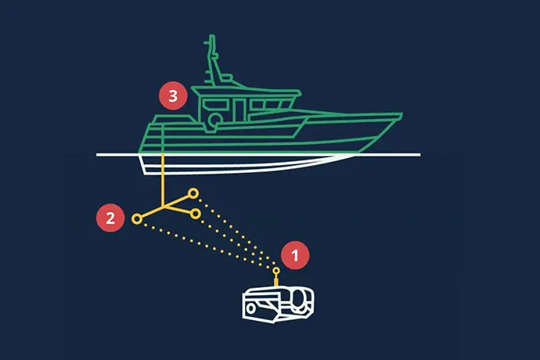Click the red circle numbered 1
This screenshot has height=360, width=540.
point(295,255)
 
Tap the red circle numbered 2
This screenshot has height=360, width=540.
point(110,218)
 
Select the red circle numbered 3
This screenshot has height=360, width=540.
point(173,95)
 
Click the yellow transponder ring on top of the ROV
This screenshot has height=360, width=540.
point(275,271)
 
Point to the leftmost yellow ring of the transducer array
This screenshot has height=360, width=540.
point(137,219)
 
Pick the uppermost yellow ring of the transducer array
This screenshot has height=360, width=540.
point(193,193)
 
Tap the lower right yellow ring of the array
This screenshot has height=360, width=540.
point(196,214)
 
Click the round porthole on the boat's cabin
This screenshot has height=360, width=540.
point(215,119)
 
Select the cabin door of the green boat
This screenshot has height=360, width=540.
point(239,110)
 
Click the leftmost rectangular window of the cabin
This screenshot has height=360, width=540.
point(215,104)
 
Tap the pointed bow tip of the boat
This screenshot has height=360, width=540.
point(401,114)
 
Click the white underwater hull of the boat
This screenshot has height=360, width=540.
point(241,165)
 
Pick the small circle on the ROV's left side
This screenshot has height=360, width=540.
point(250,308)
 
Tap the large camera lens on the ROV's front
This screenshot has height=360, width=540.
point(300,298)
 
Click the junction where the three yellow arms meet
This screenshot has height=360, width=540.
point(164,207)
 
